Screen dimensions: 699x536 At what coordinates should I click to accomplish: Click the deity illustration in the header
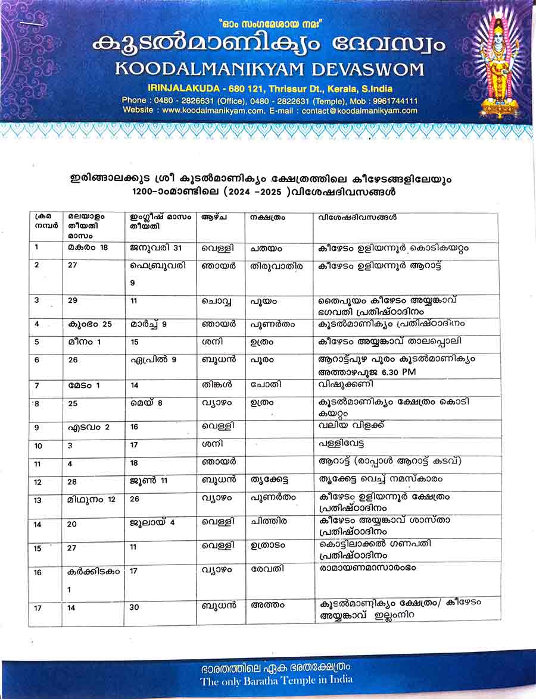pos(499,65)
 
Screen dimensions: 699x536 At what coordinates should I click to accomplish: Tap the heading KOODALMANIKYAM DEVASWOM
pos(269,68)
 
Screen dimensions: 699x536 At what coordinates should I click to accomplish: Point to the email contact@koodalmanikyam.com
pos(360,111)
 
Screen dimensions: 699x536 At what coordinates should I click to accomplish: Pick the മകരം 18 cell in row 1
pos(88,247)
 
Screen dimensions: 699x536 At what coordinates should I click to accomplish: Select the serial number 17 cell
pos(38,607)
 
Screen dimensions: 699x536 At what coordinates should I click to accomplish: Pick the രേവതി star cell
pos(267,569)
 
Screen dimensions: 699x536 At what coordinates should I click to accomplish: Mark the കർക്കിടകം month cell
pos(94,572)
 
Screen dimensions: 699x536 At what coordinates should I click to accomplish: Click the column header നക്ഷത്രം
pos(267,218)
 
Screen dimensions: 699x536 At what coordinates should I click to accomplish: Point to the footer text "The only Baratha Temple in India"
pos(276,679)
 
